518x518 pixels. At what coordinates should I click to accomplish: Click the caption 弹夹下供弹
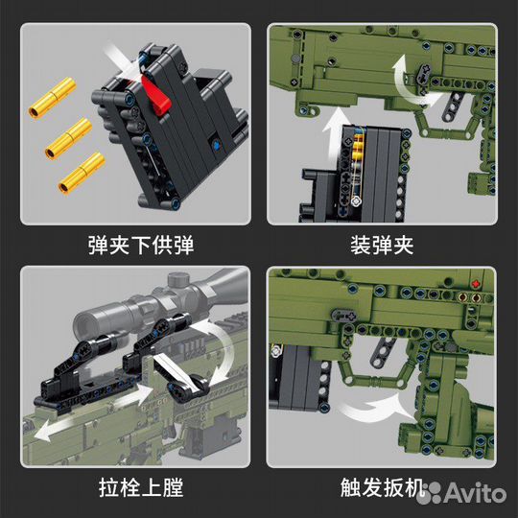(x=141, y=246)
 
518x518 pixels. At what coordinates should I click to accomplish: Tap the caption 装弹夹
(x=382, y=246)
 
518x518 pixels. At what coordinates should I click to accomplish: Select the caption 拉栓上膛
(x=141, y=487)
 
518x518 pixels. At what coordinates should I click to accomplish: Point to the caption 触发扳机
(x=383, y=487)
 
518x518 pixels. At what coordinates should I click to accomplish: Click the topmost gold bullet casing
(x=52, y=98)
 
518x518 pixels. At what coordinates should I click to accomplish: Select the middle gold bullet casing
(x=68, y=139)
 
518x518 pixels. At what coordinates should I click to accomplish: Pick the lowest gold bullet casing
(x=82, y=173)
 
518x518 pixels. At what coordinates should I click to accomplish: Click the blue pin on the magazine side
(x=217, y=145)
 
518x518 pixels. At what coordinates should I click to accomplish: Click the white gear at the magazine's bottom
(x=356, y=200)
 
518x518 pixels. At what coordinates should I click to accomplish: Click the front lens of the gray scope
(x=83, y=321)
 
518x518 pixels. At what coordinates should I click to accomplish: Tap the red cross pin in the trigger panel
(x=476, y=284)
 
